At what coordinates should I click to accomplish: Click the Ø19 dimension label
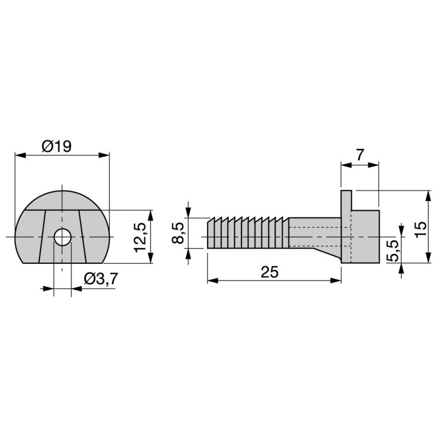coord(57,146)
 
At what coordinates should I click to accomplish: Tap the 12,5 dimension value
coord(141,238)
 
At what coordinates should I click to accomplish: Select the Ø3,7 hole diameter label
coord(101,279)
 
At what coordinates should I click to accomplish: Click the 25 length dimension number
coord(269,272)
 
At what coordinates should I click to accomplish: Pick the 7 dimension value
coord(360,155)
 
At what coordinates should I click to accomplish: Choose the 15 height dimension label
coord(420,229)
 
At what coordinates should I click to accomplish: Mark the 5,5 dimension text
coord(393,251)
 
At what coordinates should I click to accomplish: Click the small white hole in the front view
coord(62,237)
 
